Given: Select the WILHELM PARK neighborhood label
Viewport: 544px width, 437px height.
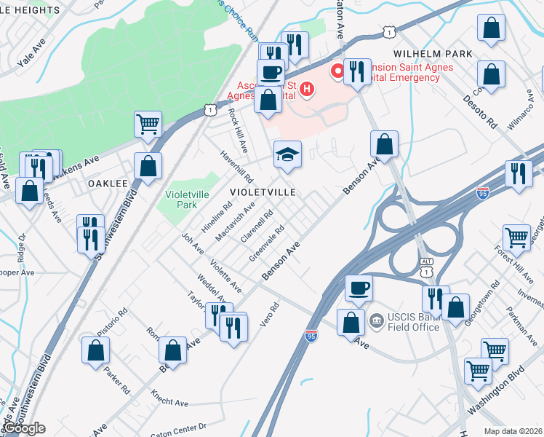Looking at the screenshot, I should coord(433,54).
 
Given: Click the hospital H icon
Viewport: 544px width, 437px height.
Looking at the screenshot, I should coord(308,90).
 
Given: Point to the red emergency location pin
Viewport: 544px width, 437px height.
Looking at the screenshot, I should coord(337,71).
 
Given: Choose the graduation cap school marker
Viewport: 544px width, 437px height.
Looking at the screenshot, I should coord(287,154).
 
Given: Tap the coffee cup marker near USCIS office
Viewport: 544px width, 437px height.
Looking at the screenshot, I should coord(359,288).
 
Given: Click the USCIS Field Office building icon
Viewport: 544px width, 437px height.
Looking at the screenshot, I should coord(376,319).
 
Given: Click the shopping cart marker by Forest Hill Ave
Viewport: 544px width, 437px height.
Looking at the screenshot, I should coord(516,237).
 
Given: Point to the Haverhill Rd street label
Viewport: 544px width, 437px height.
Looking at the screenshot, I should coord(238,167).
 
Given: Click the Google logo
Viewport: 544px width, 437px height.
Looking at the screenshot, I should coord(23,428).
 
